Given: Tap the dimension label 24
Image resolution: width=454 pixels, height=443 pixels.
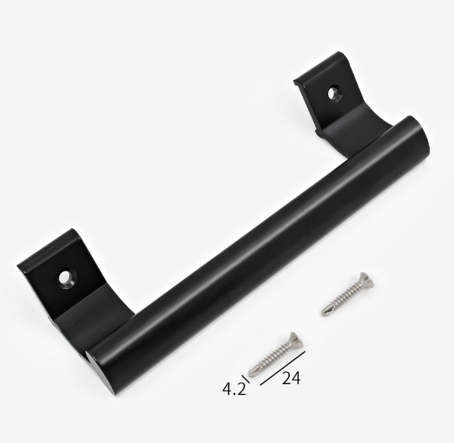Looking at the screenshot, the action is [291, 378].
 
